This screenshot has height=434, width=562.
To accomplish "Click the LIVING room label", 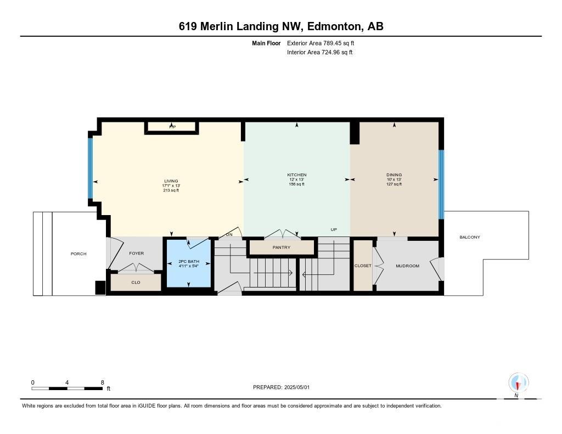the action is (171, 181).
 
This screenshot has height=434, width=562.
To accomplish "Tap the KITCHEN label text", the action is (297, 175).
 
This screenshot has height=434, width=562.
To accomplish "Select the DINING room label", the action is (394, 175).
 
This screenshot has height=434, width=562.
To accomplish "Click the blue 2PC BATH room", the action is (189, 263).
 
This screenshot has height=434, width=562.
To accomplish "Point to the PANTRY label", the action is (282, 247).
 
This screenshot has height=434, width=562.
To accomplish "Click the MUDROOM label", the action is (408, 266).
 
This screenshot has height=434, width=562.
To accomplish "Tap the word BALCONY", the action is (470, 237).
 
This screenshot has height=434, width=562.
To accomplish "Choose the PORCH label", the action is (78, 253).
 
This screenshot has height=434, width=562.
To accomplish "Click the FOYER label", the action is (137, 253).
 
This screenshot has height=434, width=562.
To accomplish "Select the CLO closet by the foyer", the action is (136, 283).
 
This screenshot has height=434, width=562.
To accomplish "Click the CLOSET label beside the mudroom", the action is (363, 266).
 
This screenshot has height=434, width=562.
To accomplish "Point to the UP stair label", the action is (334, 230).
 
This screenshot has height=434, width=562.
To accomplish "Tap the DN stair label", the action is (229, 235).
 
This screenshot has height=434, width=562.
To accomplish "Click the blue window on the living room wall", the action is (91, 168).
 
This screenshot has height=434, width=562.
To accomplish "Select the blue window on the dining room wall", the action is (441, 184).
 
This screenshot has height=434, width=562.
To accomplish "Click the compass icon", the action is (518, 383).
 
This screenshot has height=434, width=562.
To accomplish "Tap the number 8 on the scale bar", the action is (103, 382).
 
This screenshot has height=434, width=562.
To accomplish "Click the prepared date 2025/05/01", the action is (297, 387).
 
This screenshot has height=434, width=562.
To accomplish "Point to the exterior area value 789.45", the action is (331, 43).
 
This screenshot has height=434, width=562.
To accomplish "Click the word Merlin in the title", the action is (217, 26).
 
